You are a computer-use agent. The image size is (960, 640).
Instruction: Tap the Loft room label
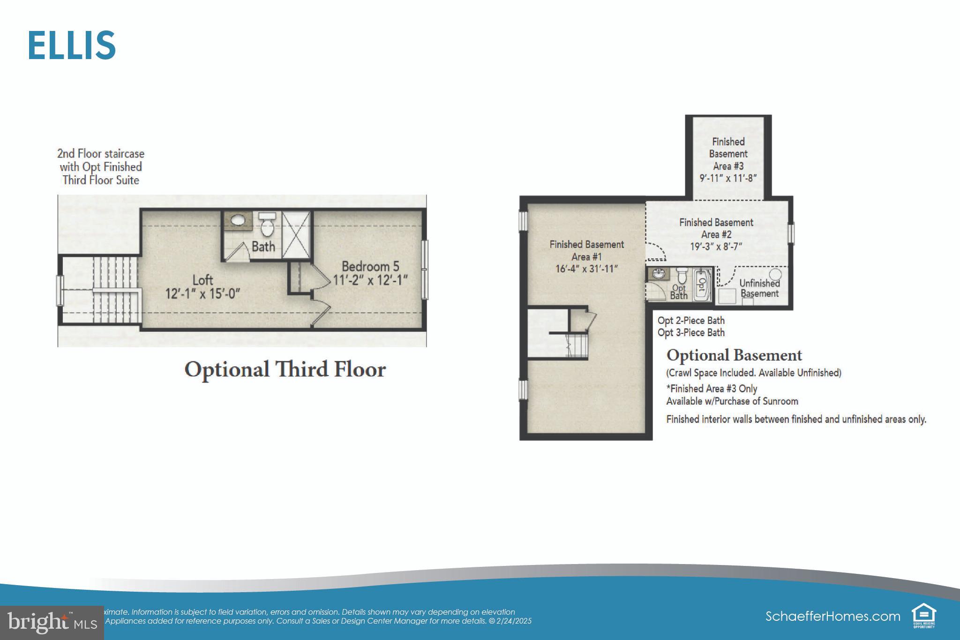click(x=202, y=280)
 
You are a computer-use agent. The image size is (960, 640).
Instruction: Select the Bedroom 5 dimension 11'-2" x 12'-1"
click(x=370, y=280)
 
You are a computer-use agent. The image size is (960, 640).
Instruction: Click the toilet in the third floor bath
click(x=267, y=226)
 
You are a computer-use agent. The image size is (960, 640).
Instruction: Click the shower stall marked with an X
click(x=296, y=234)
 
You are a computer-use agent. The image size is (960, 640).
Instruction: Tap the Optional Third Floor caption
click(x=285, y=369)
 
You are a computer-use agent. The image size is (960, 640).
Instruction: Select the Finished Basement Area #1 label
click(x=586, y=250)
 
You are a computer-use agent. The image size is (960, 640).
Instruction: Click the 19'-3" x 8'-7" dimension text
click(x=716, y=247)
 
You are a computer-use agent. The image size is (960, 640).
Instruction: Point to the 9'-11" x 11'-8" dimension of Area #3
click(x=728, y=178)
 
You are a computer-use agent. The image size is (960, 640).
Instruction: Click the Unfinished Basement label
click(x=759, y=288)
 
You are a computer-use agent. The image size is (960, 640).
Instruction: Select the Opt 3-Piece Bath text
click(x=691, y=333)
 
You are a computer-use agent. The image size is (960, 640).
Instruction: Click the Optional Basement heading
click(x=734, y=355)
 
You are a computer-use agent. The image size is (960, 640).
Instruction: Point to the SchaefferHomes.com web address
click(x=832, y=616)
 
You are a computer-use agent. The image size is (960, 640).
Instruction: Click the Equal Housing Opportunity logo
click(x=923, y=616)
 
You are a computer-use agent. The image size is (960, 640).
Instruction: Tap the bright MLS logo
click(x=52, y=623)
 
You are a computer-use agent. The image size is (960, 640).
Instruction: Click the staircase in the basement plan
click(x=576, y=346)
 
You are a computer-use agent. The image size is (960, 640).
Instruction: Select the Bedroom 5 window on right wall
click(x=424, y=270)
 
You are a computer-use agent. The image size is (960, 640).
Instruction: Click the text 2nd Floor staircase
click(x=101, y=154)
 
